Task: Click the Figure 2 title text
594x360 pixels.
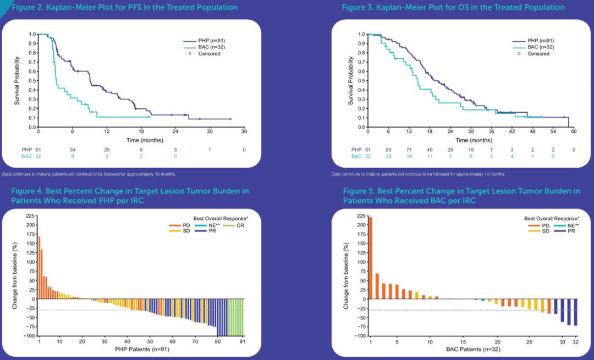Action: click(x=123, y=8)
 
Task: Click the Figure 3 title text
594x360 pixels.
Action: click(x=453, y=8)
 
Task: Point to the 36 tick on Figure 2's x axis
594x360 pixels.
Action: click(x=244, y=132)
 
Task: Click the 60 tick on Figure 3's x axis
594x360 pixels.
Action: click(x=574, y=132)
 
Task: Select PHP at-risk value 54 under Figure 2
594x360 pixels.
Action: click(x=72, y=149)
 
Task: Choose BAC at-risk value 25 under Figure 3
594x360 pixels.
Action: click(x=388, y=156)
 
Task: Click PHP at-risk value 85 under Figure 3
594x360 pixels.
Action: click(x=388, y=149)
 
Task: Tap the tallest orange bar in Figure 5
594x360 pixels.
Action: click(x=370, y=258)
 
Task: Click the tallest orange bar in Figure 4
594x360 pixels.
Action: click(x=39, y=268)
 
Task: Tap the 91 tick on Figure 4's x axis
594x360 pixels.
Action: click(x=243, y=341)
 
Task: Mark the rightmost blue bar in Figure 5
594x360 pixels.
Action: click(x=576, y=312)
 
